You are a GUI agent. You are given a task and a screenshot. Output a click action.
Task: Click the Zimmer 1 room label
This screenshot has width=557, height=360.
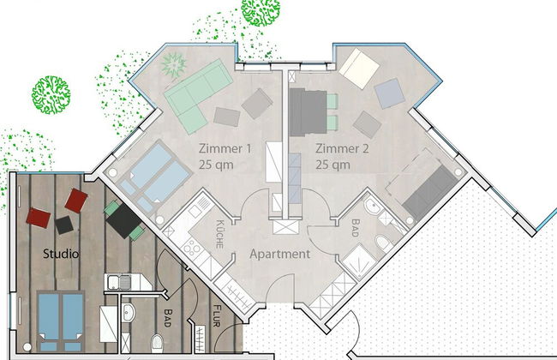[x=225, y=148]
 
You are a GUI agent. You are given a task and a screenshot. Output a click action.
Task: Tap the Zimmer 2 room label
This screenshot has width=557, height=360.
[x=342, y=148]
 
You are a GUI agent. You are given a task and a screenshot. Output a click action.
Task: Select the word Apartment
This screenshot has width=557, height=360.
[x=280, y=254]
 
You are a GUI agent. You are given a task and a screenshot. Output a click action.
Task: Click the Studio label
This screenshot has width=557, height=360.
[x=61, y=254]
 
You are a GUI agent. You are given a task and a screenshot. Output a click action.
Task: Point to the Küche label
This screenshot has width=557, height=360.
[x=220, y=234]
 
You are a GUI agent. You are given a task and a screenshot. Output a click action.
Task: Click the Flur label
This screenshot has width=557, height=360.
[x=217, y=315]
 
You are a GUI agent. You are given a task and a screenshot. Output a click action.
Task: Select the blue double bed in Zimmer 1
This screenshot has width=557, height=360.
[x=155, y=177]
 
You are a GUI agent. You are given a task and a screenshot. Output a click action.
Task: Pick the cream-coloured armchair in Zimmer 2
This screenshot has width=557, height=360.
[x=359, y=69]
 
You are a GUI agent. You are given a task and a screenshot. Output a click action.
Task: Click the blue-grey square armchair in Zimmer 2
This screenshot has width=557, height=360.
[x=389, y=93]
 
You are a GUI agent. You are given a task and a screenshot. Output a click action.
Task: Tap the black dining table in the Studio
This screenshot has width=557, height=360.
[x=123, y=220]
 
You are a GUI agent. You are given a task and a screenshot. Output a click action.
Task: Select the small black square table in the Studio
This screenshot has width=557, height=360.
[x=64, y=225]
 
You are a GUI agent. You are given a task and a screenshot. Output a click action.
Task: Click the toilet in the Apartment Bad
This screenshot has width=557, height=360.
[x=384, y=243]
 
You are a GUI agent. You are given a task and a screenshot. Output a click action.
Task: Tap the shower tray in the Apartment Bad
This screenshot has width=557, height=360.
[x=359, y=262]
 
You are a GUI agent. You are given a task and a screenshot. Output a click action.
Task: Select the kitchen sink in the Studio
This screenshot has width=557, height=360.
[x=119, y=282]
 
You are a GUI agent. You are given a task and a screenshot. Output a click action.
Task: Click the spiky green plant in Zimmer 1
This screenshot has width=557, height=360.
[x=173, y=64]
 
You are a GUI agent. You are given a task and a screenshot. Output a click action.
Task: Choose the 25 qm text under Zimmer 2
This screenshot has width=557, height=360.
[x=332, y=165]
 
